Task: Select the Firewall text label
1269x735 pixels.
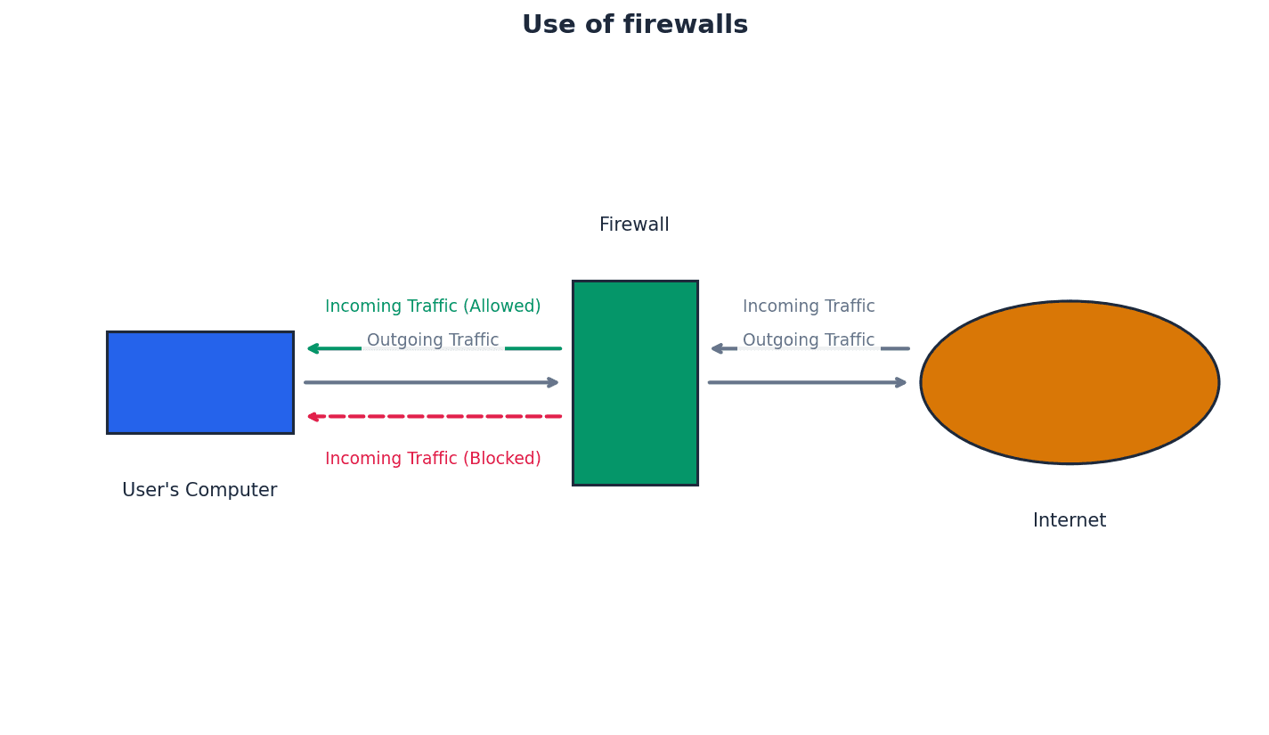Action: pyautogui.click(x=634, y=225)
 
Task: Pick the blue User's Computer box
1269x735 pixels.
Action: pyautogui.click(x=200, y=382)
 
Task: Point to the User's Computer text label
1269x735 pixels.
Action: pyautogui.click(x=199, y=491)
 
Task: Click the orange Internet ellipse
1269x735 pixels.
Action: pyautogui.click(x=1070, y=382)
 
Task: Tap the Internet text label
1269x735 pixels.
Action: pyautogui.click(x=1070, y=521)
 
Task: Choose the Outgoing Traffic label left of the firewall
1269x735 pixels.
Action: pyautogui.click(x=433, y=340)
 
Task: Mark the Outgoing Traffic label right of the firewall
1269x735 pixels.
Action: pyautogui.click(x=809, y=340)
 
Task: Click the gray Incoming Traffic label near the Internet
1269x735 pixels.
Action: pyautogui.click(x=809, y=306)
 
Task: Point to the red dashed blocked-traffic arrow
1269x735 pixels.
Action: pyautogui.click(x=436, y=416)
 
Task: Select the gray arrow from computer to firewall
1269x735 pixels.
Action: pyautogui.click(x=427, y=383)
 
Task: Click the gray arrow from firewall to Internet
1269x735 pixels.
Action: pyautogui.click(x=801, y=383)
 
